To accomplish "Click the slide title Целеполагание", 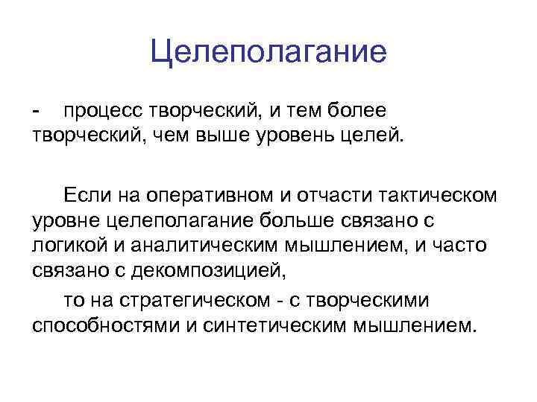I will tap(268, 51).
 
